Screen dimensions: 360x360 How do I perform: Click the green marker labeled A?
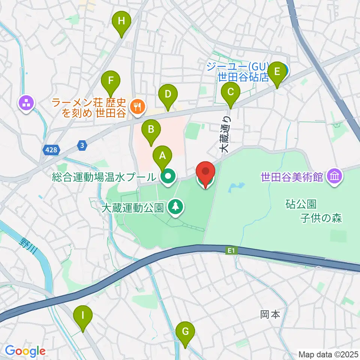(162, 155)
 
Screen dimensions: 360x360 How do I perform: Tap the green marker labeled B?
(151, 130)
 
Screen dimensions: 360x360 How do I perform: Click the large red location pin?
(206, 172)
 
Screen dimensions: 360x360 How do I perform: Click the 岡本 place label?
(270, 314)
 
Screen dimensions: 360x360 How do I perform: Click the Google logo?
(25, 351)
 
